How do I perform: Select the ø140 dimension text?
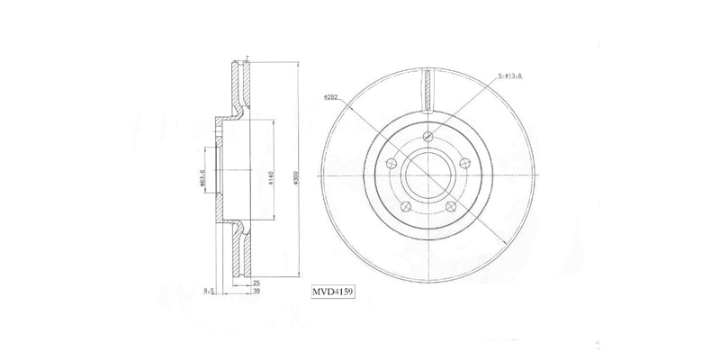click(270, 177)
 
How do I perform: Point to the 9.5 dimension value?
click(208, 291)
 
